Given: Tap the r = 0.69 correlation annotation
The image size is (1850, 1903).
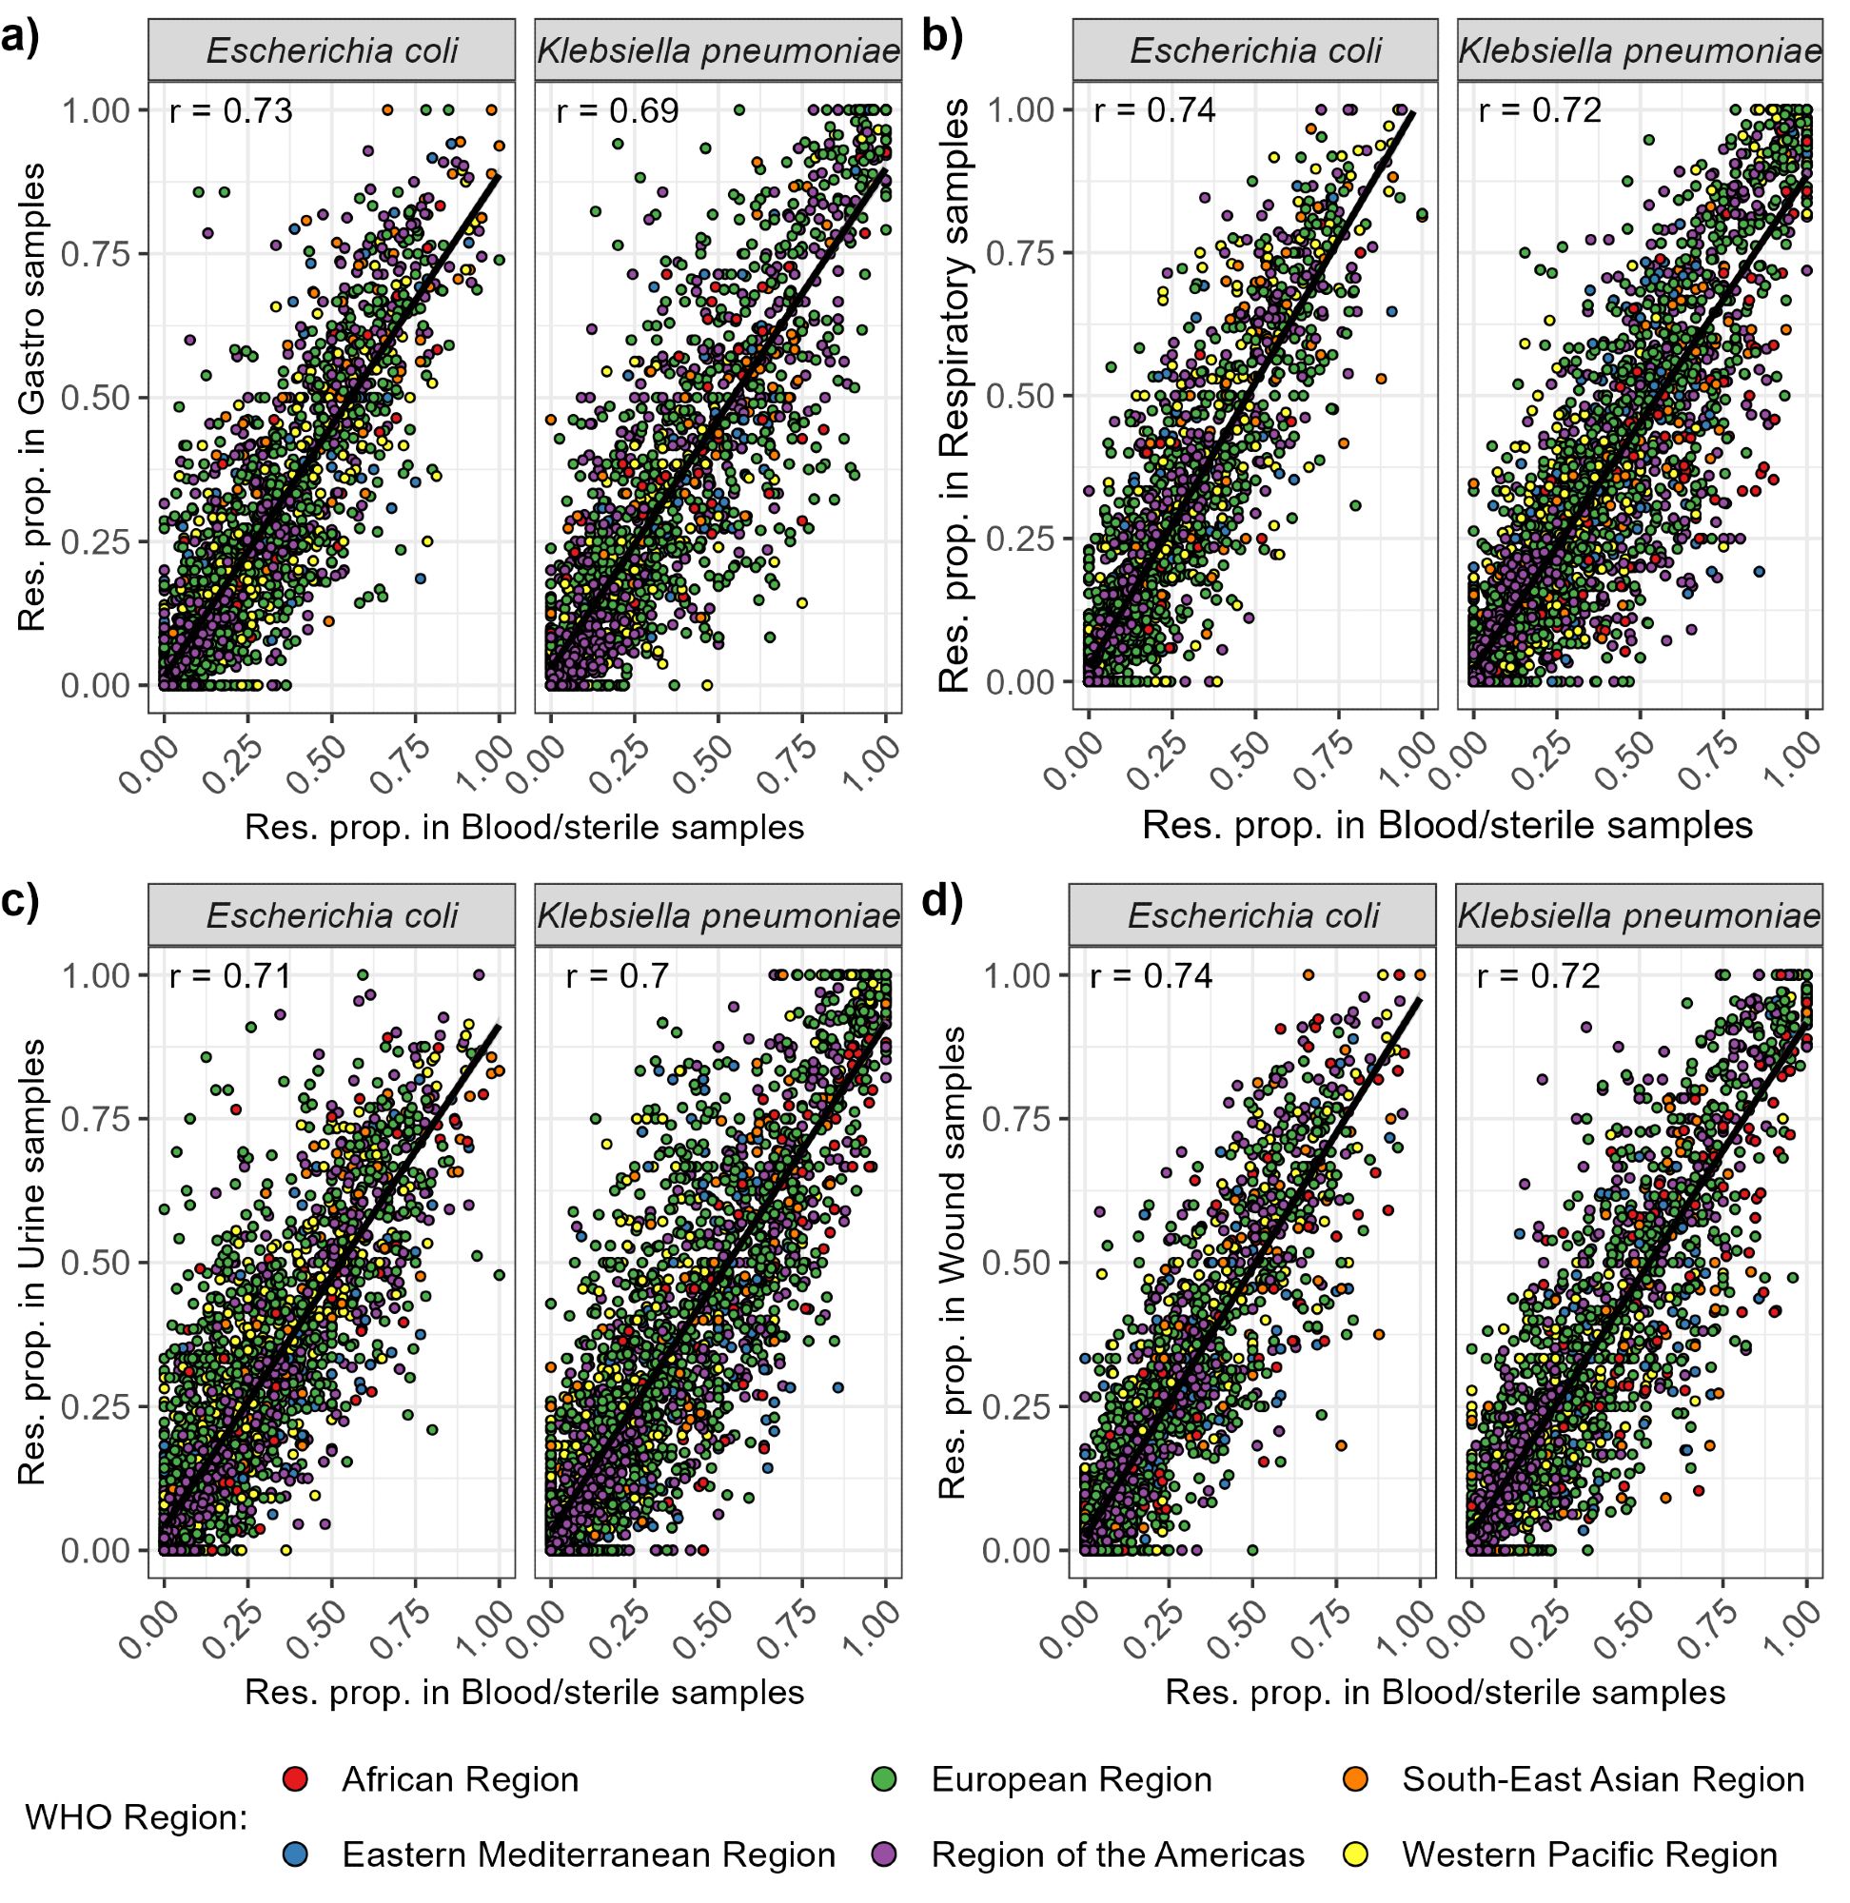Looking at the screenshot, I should pos(617,111).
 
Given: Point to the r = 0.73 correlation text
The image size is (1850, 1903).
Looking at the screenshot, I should pos(230,111).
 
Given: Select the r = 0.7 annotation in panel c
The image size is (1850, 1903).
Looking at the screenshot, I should pos(617,975).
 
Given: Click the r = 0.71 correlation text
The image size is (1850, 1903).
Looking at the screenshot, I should pos(230,975).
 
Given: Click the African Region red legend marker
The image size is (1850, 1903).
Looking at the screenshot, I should pos(296,1778).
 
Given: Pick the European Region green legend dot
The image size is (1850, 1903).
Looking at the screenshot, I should pos(884,1778).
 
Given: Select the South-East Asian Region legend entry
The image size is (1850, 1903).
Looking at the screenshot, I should pos(1603,1778).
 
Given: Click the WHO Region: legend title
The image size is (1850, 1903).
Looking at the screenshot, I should pos(136,1816).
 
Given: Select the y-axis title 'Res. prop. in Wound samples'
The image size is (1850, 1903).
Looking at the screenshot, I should pos(954,1262).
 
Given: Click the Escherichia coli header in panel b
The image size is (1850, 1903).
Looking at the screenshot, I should pos(1254,52).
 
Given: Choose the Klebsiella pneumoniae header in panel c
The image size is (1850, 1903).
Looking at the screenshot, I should pos(718,916).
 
